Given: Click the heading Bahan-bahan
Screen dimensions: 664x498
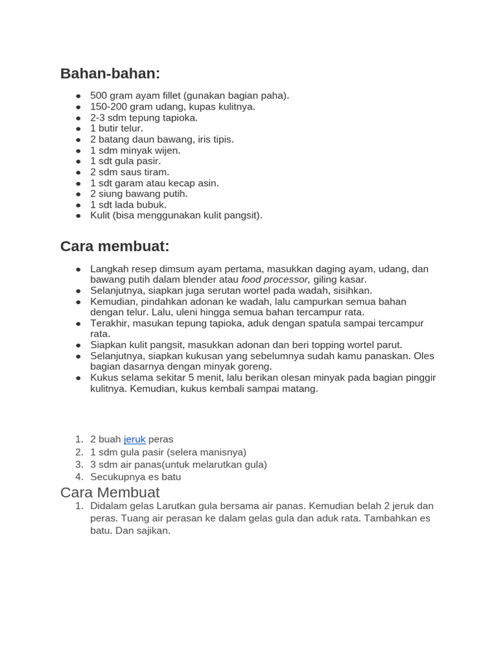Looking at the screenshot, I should (x=110, y=74).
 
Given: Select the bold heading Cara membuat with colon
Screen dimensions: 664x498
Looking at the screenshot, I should (x=115, y=246).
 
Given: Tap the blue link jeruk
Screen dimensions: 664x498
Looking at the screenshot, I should (x=134, y=440).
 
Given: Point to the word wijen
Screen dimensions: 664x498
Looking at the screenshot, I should (x=167, y=150).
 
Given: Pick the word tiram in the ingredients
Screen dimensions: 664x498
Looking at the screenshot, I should (x=156, y=172).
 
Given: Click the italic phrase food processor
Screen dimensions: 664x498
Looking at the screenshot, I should (x=275, y=279).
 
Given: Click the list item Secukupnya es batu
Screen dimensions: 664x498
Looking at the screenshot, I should (x=136, y=477).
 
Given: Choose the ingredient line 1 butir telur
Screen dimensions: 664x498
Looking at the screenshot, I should (x=117, y=128).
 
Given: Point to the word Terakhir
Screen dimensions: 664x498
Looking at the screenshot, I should (x=110, y=324).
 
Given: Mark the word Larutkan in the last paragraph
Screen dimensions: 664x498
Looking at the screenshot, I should (x=176, y=506).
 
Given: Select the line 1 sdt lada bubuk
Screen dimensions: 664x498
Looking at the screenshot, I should (x=128, y=205).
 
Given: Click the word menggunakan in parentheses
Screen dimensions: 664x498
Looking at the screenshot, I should (x=169, y=216).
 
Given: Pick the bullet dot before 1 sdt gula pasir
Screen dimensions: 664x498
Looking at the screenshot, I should (x=78, y=161).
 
